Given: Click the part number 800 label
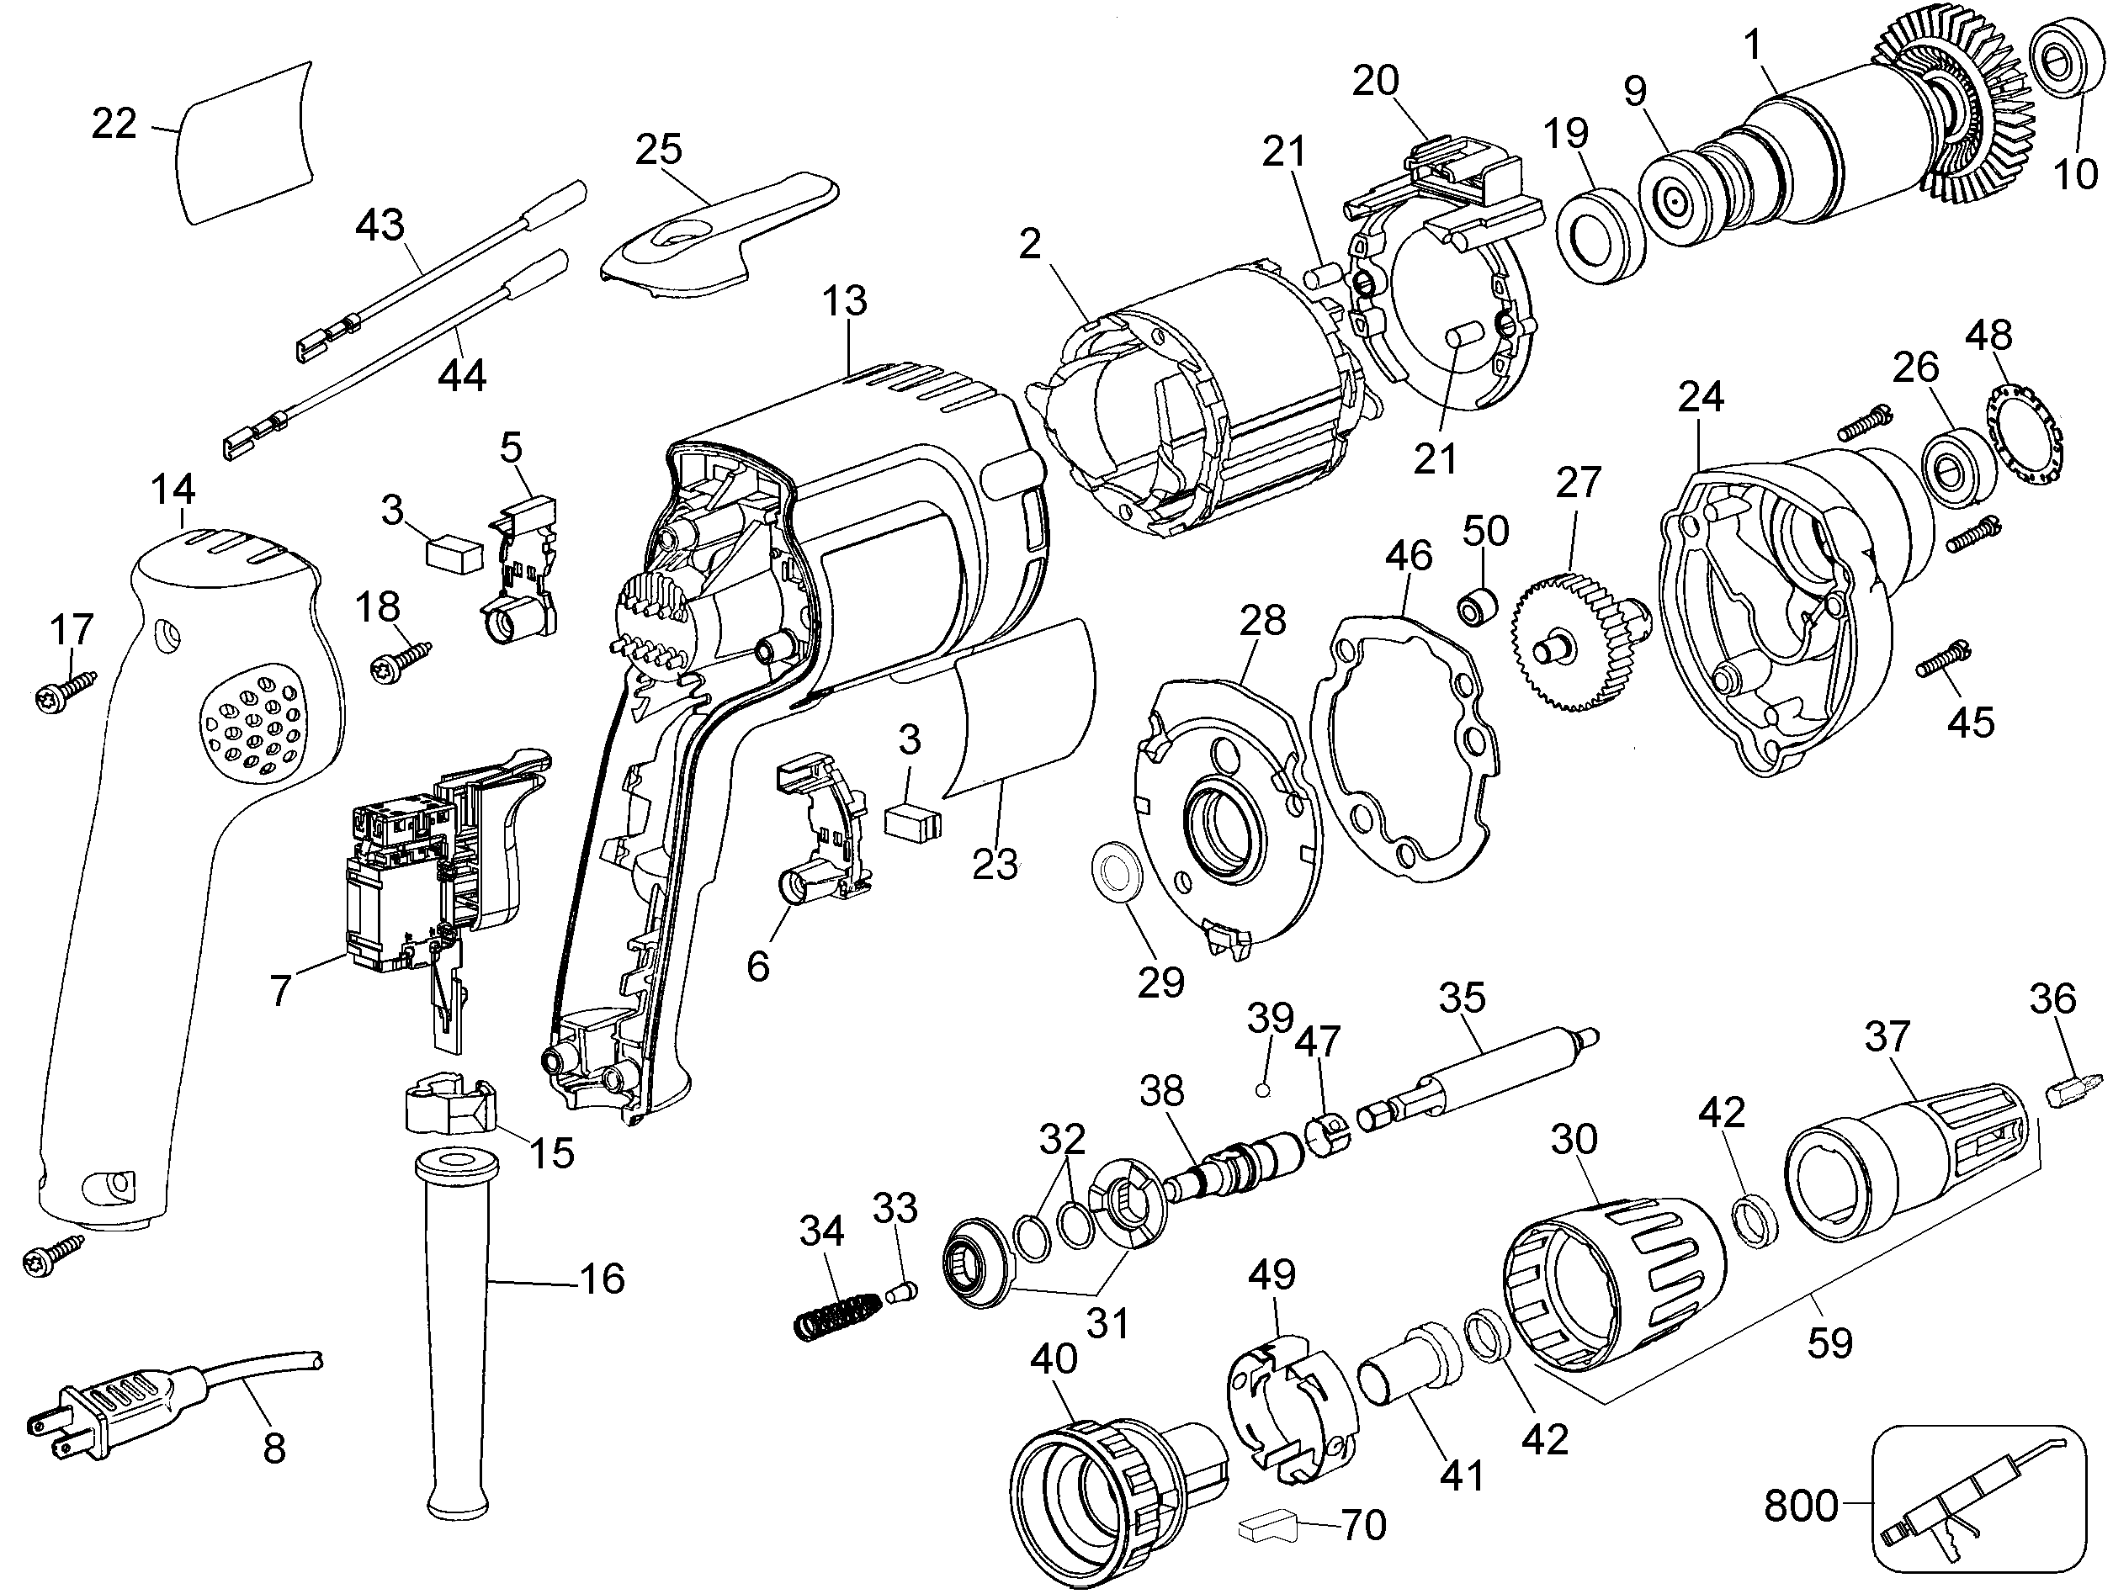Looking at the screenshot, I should pyautogui.click(x=1801, y=1507).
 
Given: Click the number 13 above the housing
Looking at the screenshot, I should pyautogui.click(x=844, y=301).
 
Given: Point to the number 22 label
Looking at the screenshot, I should pyautogui.click(x=114, y=124).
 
